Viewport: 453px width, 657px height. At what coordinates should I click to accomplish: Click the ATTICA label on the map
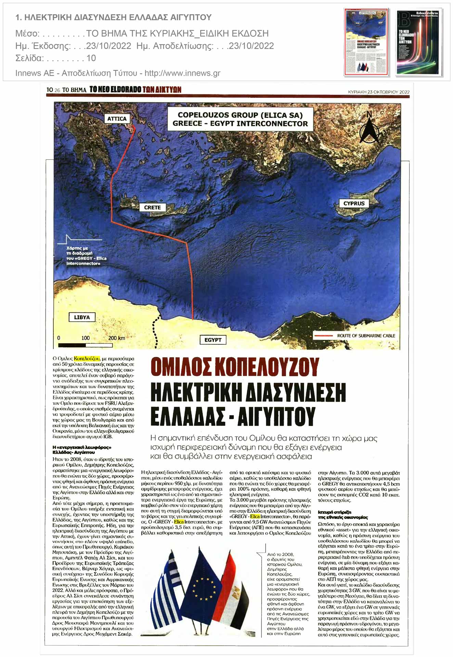pyautogui.click(x=117, y=119)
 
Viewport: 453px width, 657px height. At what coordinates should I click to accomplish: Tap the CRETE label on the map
pyautogui.click(x=152, y=207)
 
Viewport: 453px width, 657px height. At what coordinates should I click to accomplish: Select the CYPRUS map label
pyautogui.click(x=354, y=203)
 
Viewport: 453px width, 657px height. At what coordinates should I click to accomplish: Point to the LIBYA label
pyautogui.click(x=82, y=317)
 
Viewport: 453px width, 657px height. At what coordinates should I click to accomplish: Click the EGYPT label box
pyautogui.click(x=213, y=340)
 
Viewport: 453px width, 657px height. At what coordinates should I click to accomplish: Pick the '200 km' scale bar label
pyautogui.click(x=116, y=338)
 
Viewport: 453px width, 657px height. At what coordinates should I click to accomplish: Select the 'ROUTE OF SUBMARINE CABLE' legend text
pyautogui.click(x=366, y=336)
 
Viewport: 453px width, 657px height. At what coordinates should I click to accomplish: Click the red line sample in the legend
pyautogui.click(x=323, y=336)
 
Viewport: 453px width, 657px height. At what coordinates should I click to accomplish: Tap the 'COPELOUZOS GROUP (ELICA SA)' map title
pyautogui.click(x=240, y=115)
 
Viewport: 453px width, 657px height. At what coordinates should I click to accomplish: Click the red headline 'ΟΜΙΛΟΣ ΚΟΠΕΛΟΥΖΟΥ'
pyautogui.click(x=235, y=367)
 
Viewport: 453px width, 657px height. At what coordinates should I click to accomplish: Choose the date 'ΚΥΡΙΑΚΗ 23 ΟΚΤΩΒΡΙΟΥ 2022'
pyautogui.click(x=378, y=92)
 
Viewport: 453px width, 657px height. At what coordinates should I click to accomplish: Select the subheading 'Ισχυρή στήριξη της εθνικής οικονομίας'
pyautogui.click(x=343, y=515)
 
